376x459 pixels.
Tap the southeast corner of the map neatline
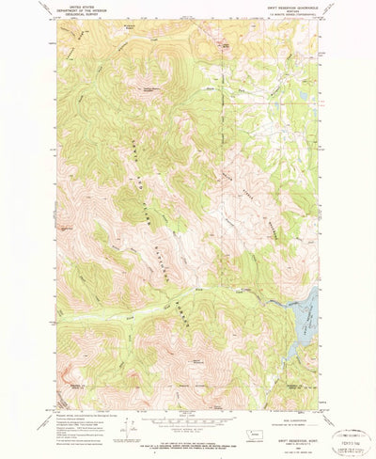(x=318, y=388)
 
